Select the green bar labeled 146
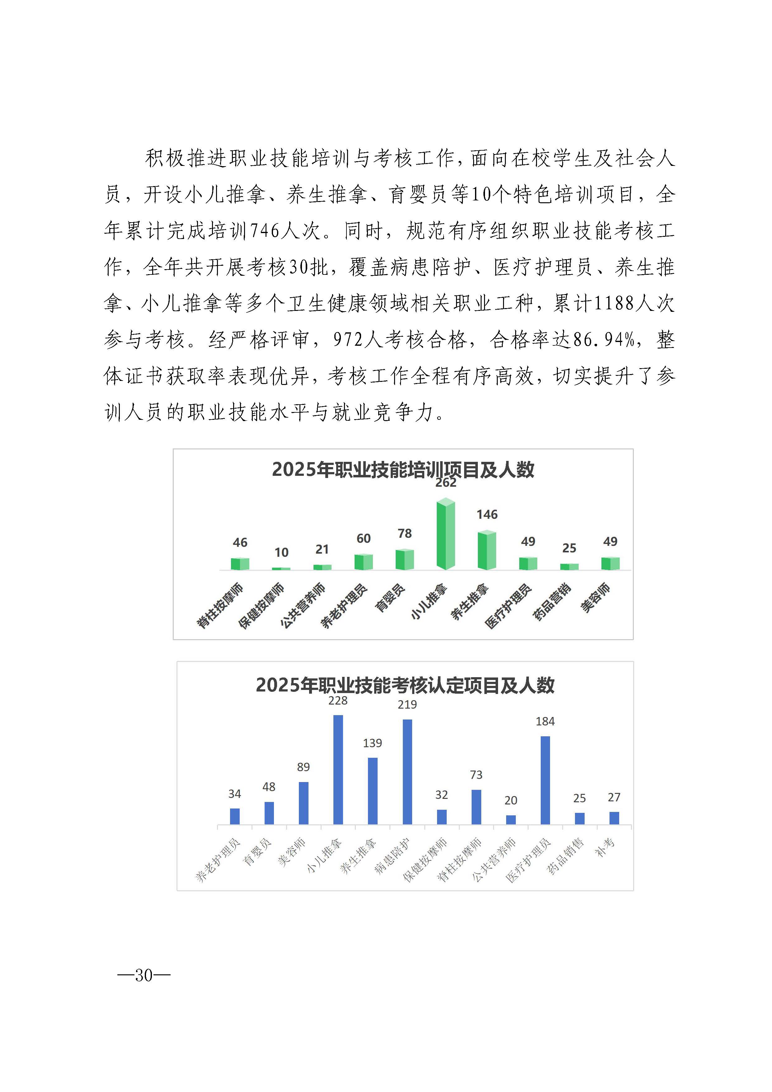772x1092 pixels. coord(487,551)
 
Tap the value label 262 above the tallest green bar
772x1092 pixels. coord(446,482)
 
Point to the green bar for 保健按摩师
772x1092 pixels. coord(281,568)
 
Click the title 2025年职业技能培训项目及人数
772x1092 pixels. coord(403,469)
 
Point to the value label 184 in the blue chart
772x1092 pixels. coord(545,721)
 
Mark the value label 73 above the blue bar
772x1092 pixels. coord(476,775)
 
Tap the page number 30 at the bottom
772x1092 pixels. coord(144,976)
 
